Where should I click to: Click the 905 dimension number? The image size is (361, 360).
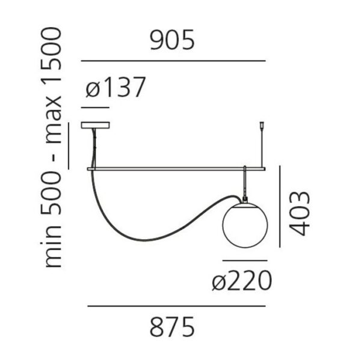[172, 40]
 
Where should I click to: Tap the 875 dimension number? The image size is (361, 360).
[172, 327]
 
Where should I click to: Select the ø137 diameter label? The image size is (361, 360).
[116, 87]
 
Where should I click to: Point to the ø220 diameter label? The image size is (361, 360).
[242, 281]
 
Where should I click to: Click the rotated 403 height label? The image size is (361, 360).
[299, 213]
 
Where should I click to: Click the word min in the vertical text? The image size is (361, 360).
[54, 246]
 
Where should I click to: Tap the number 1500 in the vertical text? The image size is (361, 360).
[51, 57]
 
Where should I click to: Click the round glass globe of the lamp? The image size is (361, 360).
[245, 225]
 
